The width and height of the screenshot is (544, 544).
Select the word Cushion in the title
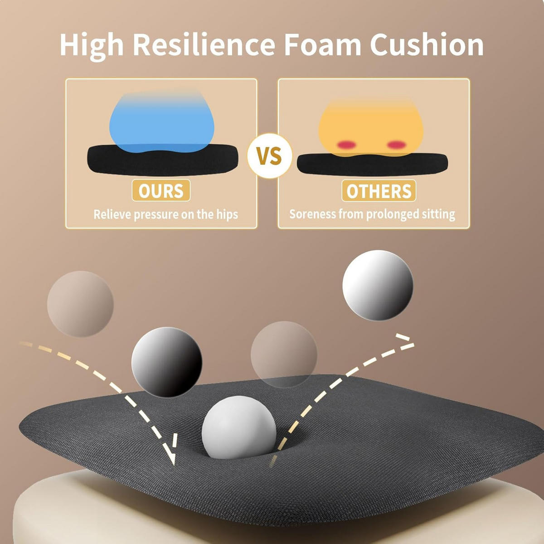[x=427, y=44]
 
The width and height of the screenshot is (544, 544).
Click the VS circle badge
[x=270, y=155]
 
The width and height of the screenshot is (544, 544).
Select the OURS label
[x=161, y=190]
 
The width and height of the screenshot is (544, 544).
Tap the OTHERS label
[x=379, y=191]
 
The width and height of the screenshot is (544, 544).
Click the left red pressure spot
[x=346, y=145]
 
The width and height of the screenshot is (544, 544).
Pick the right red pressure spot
[x=396, y=145]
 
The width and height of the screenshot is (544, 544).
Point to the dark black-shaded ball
[x=166, y=362]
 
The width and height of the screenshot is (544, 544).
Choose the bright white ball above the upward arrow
[x=378, y=285]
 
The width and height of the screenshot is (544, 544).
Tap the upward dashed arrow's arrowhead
[x=404, y=342]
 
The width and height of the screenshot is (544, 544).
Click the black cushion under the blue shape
[x=163, y=160]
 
